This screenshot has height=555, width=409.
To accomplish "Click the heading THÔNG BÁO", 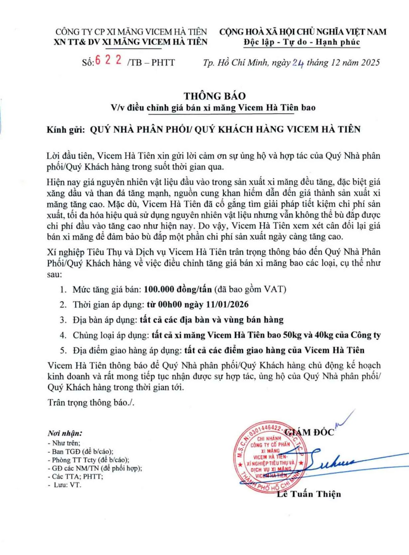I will pos(215,96).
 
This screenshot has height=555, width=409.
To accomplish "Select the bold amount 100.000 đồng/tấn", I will pos(178,289).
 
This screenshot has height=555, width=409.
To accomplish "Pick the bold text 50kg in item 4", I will pos(292,335).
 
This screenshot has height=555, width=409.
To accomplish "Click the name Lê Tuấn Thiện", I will pos(309,494).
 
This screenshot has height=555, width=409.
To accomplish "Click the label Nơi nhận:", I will pos(65,433).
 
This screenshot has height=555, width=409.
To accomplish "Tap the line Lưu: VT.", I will pos(67,485).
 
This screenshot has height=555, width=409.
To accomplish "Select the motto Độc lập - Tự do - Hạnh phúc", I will pos(302,42).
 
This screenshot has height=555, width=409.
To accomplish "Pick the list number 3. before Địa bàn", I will pos(63,320).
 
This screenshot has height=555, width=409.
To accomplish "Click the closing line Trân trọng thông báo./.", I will pos(91,402).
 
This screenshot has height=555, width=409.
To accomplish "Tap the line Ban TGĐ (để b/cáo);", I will pos(82,452).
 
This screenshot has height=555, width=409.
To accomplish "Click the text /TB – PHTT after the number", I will pos(151,62).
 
